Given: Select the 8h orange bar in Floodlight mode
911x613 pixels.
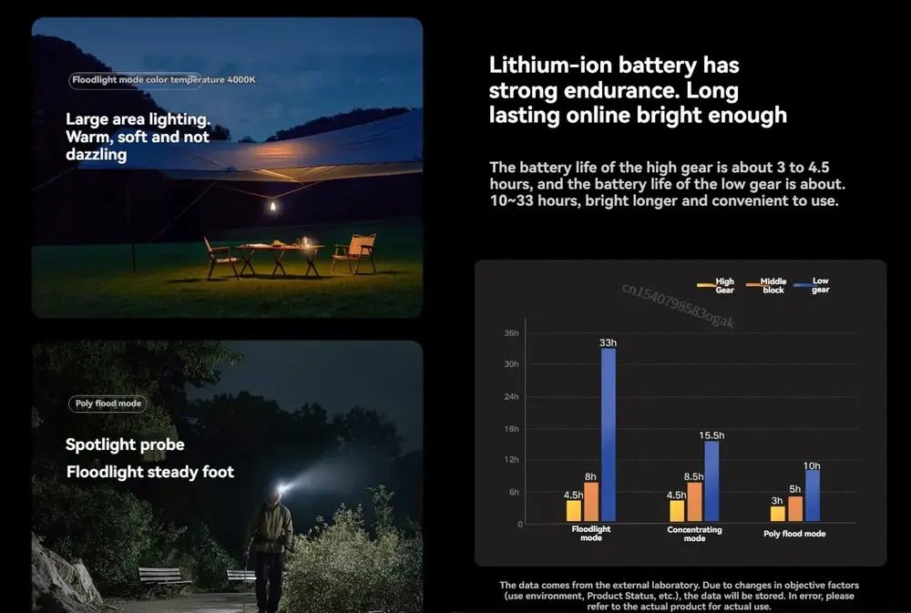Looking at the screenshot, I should pos(591,502).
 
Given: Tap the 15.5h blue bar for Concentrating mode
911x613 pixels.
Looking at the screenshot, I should pos(711,481).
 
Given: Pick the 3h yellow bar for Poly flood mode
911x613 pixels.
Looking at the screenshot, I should pos(777,514).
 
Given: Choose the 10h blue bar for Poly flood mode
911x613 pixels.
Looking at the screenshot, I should pos(813,496).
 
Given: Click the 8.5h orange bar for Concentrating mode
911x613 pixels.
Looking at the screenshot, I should pos(694,501).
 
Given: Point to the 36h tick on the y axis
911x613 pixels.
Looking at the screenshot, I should pos(511,333).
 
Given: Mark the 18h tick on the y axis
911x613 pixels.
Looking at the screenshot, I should pos(511,429).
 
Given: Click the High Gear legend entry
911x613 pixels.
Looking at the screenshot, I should pos(716,286).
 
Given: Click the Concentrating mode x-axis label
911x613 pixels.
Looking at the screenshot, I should pos(694,534).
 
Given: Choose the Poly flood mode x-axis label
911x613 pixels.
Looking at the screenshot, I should pos(794,534).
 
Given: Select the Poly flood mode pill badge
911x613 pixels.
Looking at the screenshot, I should pos(107,404).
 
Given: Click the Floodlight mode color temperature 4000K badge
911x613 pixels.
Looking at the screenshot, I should pos(164,80).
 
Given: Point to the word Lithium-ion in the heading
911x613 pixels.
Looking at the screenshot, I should pos(550,66).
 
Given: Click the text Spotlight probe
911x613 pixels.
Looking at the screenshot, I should pos(125,444).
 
